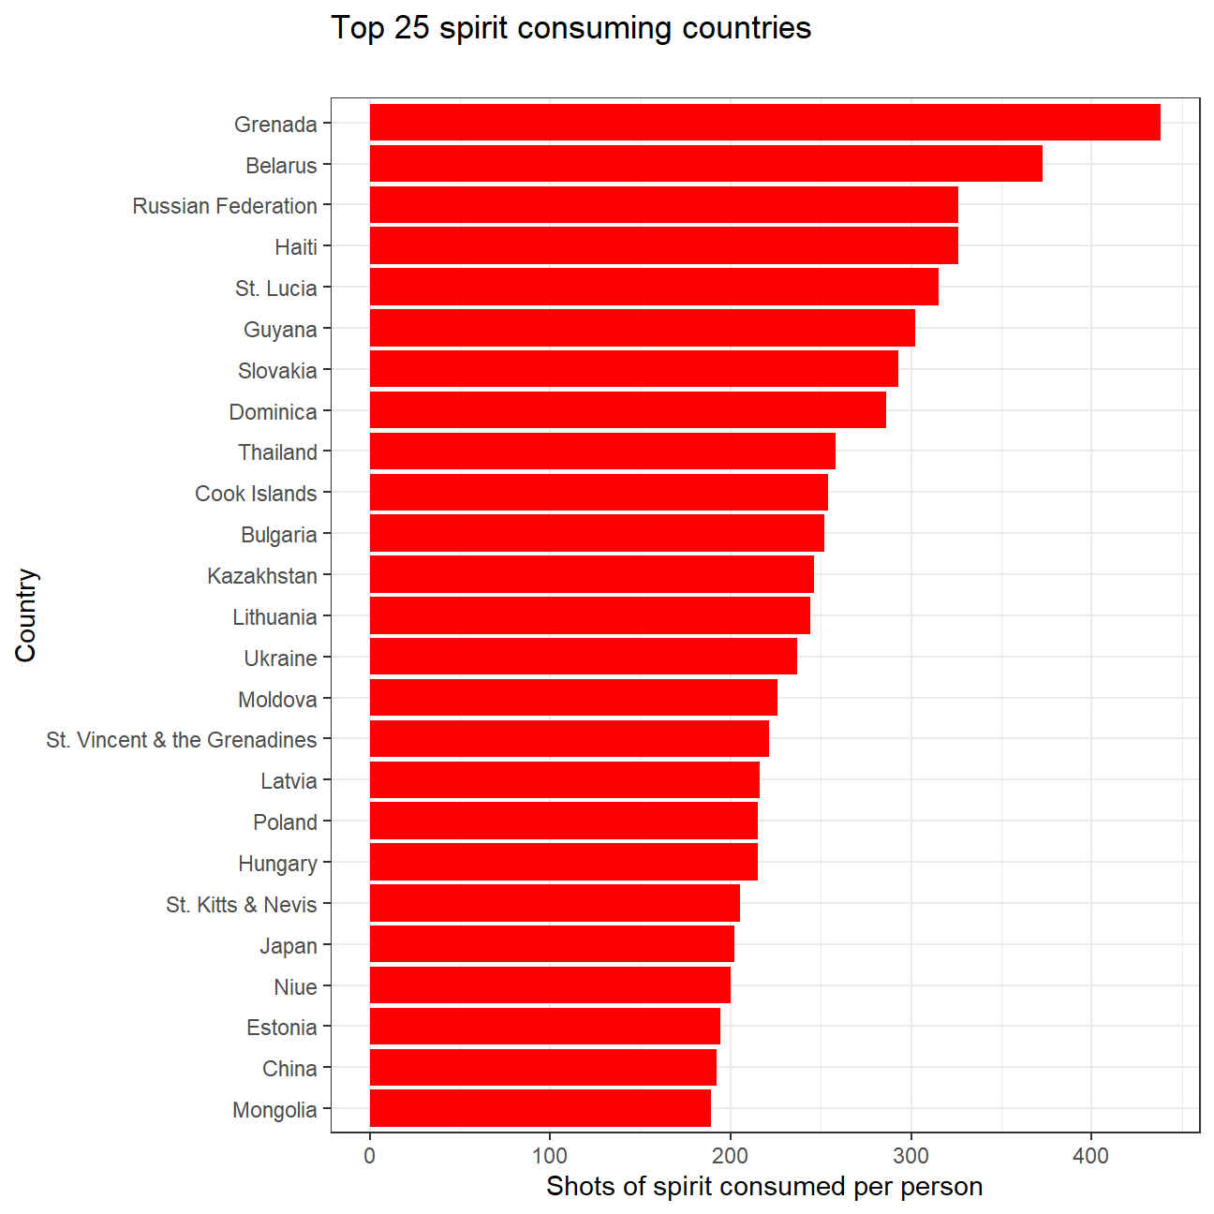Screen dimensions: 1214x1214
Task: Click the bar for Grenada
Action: tap(764, 123)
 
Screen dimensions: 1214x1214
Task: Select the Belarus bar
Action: tap(705, 164)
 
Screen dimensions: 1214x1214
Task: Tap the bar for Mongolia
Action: tap(540, 1108)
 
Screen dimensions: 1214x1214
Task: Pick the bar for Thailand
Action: tap(602, 452)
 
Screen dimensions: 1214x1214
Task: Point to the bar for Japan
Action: tap(552, 944)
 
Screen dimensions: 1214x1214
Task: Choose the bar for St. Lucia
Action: tap(654, 287)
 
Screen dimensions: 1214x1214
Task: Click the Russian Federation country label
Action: tap(225, 206)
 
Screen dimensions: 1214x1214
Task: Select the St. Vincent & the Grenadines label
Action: tap(182, 740)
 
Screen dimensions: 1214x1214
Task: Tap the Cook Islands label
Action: tap(256, 494)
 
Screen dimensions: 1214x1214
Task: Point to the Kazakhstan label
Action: tap(262, 576)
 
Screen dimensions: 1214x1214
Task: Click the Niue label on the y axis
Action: tap(296, 987)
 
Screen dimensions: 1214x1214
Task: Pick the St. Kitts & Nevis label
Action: tap(242, 905)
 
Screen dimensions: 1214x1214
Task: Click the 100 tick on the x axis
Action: tap(550, 1156)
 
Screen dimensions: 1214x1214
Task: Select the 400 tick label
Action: tap(1091, 1156)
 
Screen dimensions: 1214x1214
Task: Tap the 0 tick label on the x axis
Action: tap(370, 1156)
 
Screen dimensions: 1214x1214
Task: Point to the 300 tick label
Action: tap(910, 1156)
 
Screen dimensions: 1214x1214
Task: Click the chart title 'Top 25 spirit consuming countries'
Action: tap(571, 28)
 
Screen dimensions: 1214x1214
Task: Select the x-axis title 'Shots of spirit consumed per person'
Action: tap(764, 1187)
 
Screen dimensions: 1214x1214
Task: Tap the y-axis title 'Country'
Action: tap(26, 615)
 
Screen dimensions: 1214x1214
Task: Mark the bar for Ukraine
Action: tap(583, 657)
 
